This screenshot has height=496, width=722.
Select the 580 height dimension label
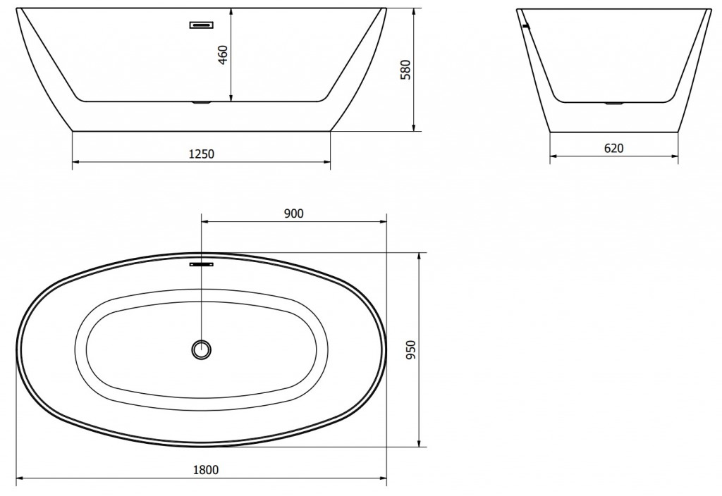(405, 69)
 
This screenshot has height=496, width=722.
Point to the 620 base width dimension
(614, 148)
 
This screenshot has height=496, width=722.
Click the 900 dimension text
(293, 213)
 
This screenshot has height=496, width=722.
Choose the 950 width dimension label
(412, 349)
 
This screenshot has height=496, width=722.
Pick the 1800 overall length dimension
(204, 470)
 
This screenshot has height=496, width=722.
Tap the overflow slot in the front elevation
(202, 25)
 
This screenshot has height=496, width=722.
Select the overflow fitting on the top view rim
(202, 265)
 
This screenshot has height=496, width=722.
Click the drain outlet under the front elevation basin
(202, 104)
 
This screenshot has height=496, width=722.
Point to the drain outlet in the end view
(613, 104)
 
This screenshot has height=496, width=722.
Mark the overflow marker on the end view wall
(524, 26)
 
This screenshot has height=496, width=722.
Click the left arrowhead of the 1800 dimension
(20, 479)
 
